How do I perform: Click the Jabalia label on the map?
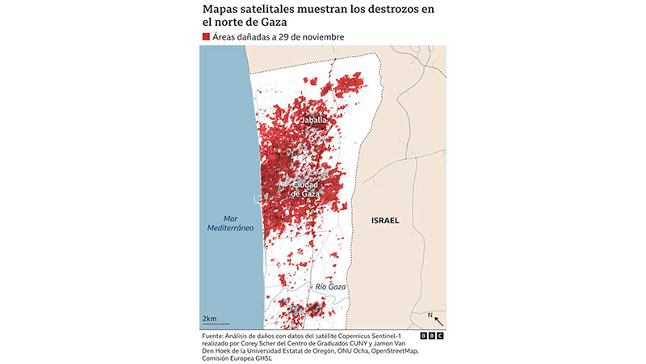click(314, 121)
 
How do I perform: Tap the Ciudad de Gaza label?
click(306, 189)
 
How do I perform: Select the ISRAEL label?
click(385, 221)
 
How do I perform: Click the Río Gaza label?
click(330, 286)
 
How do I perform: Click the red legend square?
click(206, 37)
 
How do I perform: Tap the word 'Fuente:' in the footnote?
click(214, 335)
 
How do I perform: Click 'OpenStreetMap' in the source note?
click(390, 351)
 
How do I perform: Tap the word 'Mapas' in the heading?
click(220, 9)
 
